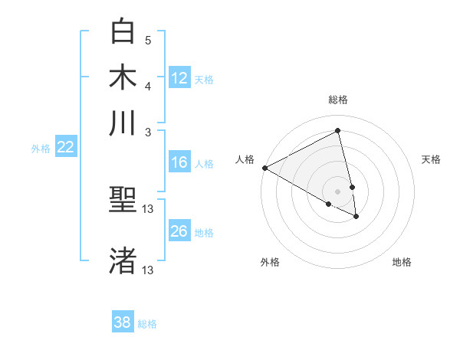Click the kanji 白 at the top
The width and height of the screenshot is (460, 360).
tap(123, 32)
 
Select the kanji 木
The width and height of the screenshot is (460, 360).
tap(123, 77)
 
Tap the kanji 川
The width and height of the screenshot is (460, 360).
tap(123, 123)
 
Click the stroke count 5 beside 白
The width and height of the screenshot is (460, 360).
tap(148, 40)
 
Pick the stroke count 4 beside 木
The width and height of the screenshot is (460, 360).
tap(148, 85)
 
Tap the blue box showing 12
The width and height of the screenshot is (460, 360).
tap(179, 77)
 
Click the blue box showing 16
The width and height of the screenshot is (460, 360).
tap(179, 162)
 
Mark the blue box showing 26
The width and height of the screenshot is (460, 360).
tap(179, 231)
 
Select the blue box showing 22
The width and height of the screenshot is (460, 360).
tap(65, 147)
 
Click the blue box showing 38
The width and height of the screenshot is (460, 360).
tap(123, 322)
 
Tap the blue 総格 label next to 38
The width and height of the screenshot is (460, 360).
tap(147, 324)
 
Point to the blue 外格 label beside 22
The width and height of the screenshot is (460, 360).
tap(41, 149)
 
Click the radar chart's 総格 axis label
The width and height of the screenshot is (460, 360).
tap(338, 100)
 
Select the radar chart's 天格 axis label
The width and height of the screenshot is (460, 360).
tap(432, 159)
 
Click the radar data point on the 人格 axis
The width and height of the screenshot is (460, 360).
tap(264, 167)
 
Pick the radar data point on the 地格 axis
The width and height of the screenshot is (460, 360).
tap(356, 217)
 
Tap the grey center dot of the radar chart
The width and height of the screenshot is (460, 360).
tap(338, 191)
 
